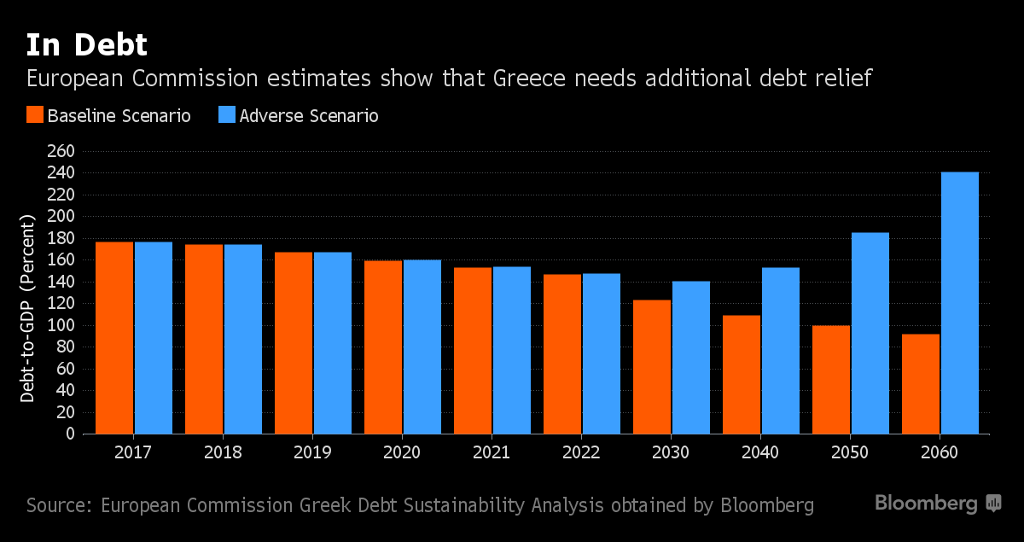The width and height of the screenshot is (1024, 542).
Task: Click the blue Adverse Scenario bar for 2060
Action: [x=959, y=303]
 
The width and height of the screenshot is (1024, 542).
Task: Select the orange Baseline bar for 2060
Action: [x=920, y=384]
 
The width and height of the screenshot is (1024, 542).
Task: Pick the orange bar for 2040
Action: [x=741, y=375]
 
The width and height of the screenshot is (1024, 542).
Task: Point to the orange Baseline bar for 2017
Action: [x=113, y=338]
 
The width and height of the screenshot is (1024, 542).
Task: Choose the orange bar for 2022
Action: [x=561, y=354]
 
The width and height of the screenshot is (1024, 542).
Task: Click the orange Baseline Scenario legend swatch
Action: [x=35, y=115]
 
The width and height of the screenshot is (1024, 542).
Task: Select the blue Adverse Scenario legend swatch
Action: [x=227, y=115]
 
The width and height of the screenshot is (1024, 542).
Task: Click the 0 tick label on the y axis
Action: [x=71, y=434]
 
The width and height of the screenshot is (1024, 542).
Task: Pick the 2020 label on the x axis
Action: [x=402, y=452]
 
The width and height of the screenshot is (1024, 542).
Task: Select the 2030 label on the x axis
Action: [x=671, y=452]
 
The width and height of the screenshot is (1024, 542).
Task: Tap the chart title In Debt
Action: [x=86, y=44]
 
